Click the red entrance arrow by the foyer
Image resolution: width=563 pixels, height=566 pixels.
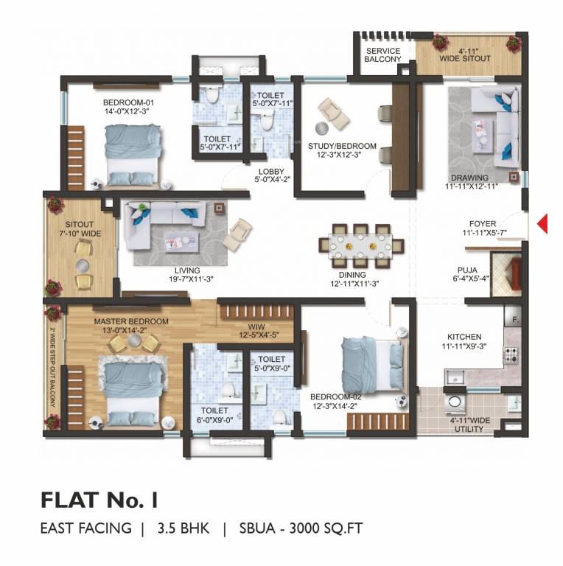(x=542, y=223)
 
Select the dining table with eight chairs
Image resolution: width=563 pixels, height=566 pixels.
(x=360, y=244)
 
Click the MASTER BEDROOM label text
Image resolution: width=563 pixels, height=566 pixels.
(x=131, y=321)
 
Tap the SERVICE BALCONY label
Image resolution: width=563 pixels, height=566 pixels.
(x=383, y=55)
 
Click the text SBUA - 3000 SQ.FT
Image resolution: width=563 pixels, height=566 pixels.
(x=301, y=528)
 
